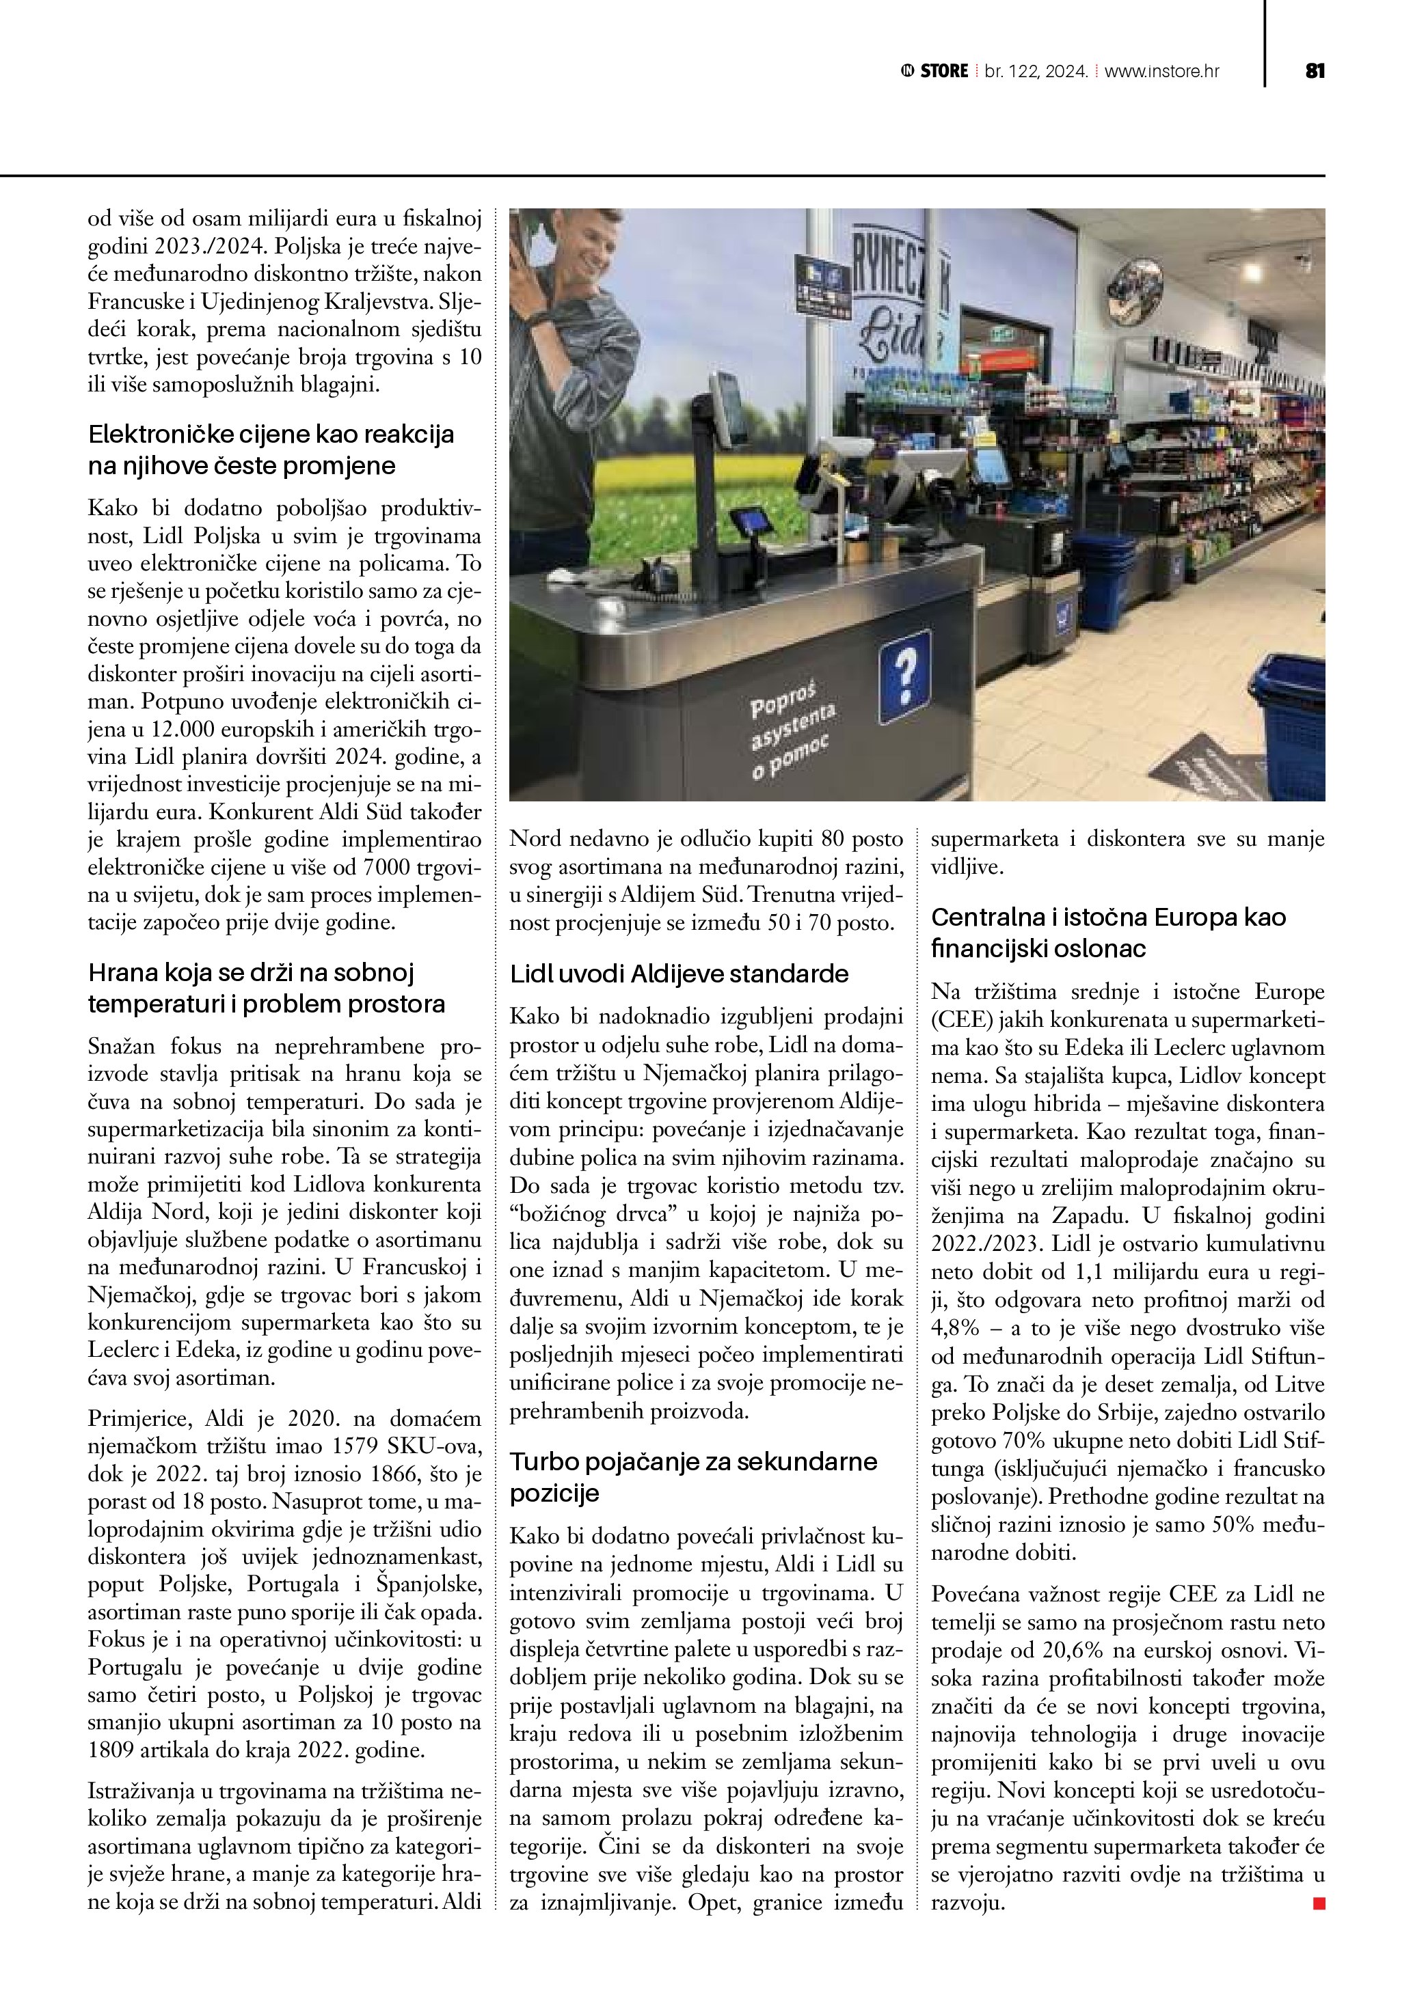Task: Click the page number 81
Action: [1315, 71]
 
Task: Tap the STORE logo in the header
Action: [935, 71]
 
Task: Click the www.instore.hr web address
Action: [1161, 71]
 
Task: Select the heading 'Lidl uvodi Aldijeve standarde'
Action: [679, 974]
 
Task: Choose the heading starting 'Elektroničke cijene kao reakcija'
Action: [271, 450]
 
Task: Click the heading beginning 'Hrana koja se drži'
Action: [265, 988]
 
